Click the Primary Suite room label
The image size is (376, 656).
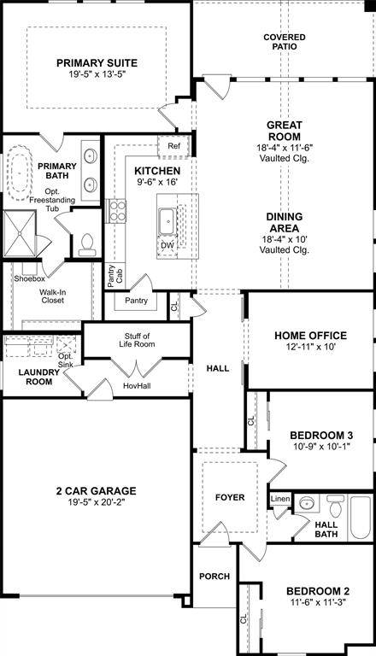point(97,62)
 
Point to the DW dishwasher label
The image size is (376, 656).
point(167,245)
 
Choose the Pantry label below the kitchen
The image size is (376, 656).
point(136,301)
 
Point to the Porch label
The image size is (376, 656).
point(214,577)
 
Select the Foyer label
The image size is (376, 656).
point(230,497)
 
